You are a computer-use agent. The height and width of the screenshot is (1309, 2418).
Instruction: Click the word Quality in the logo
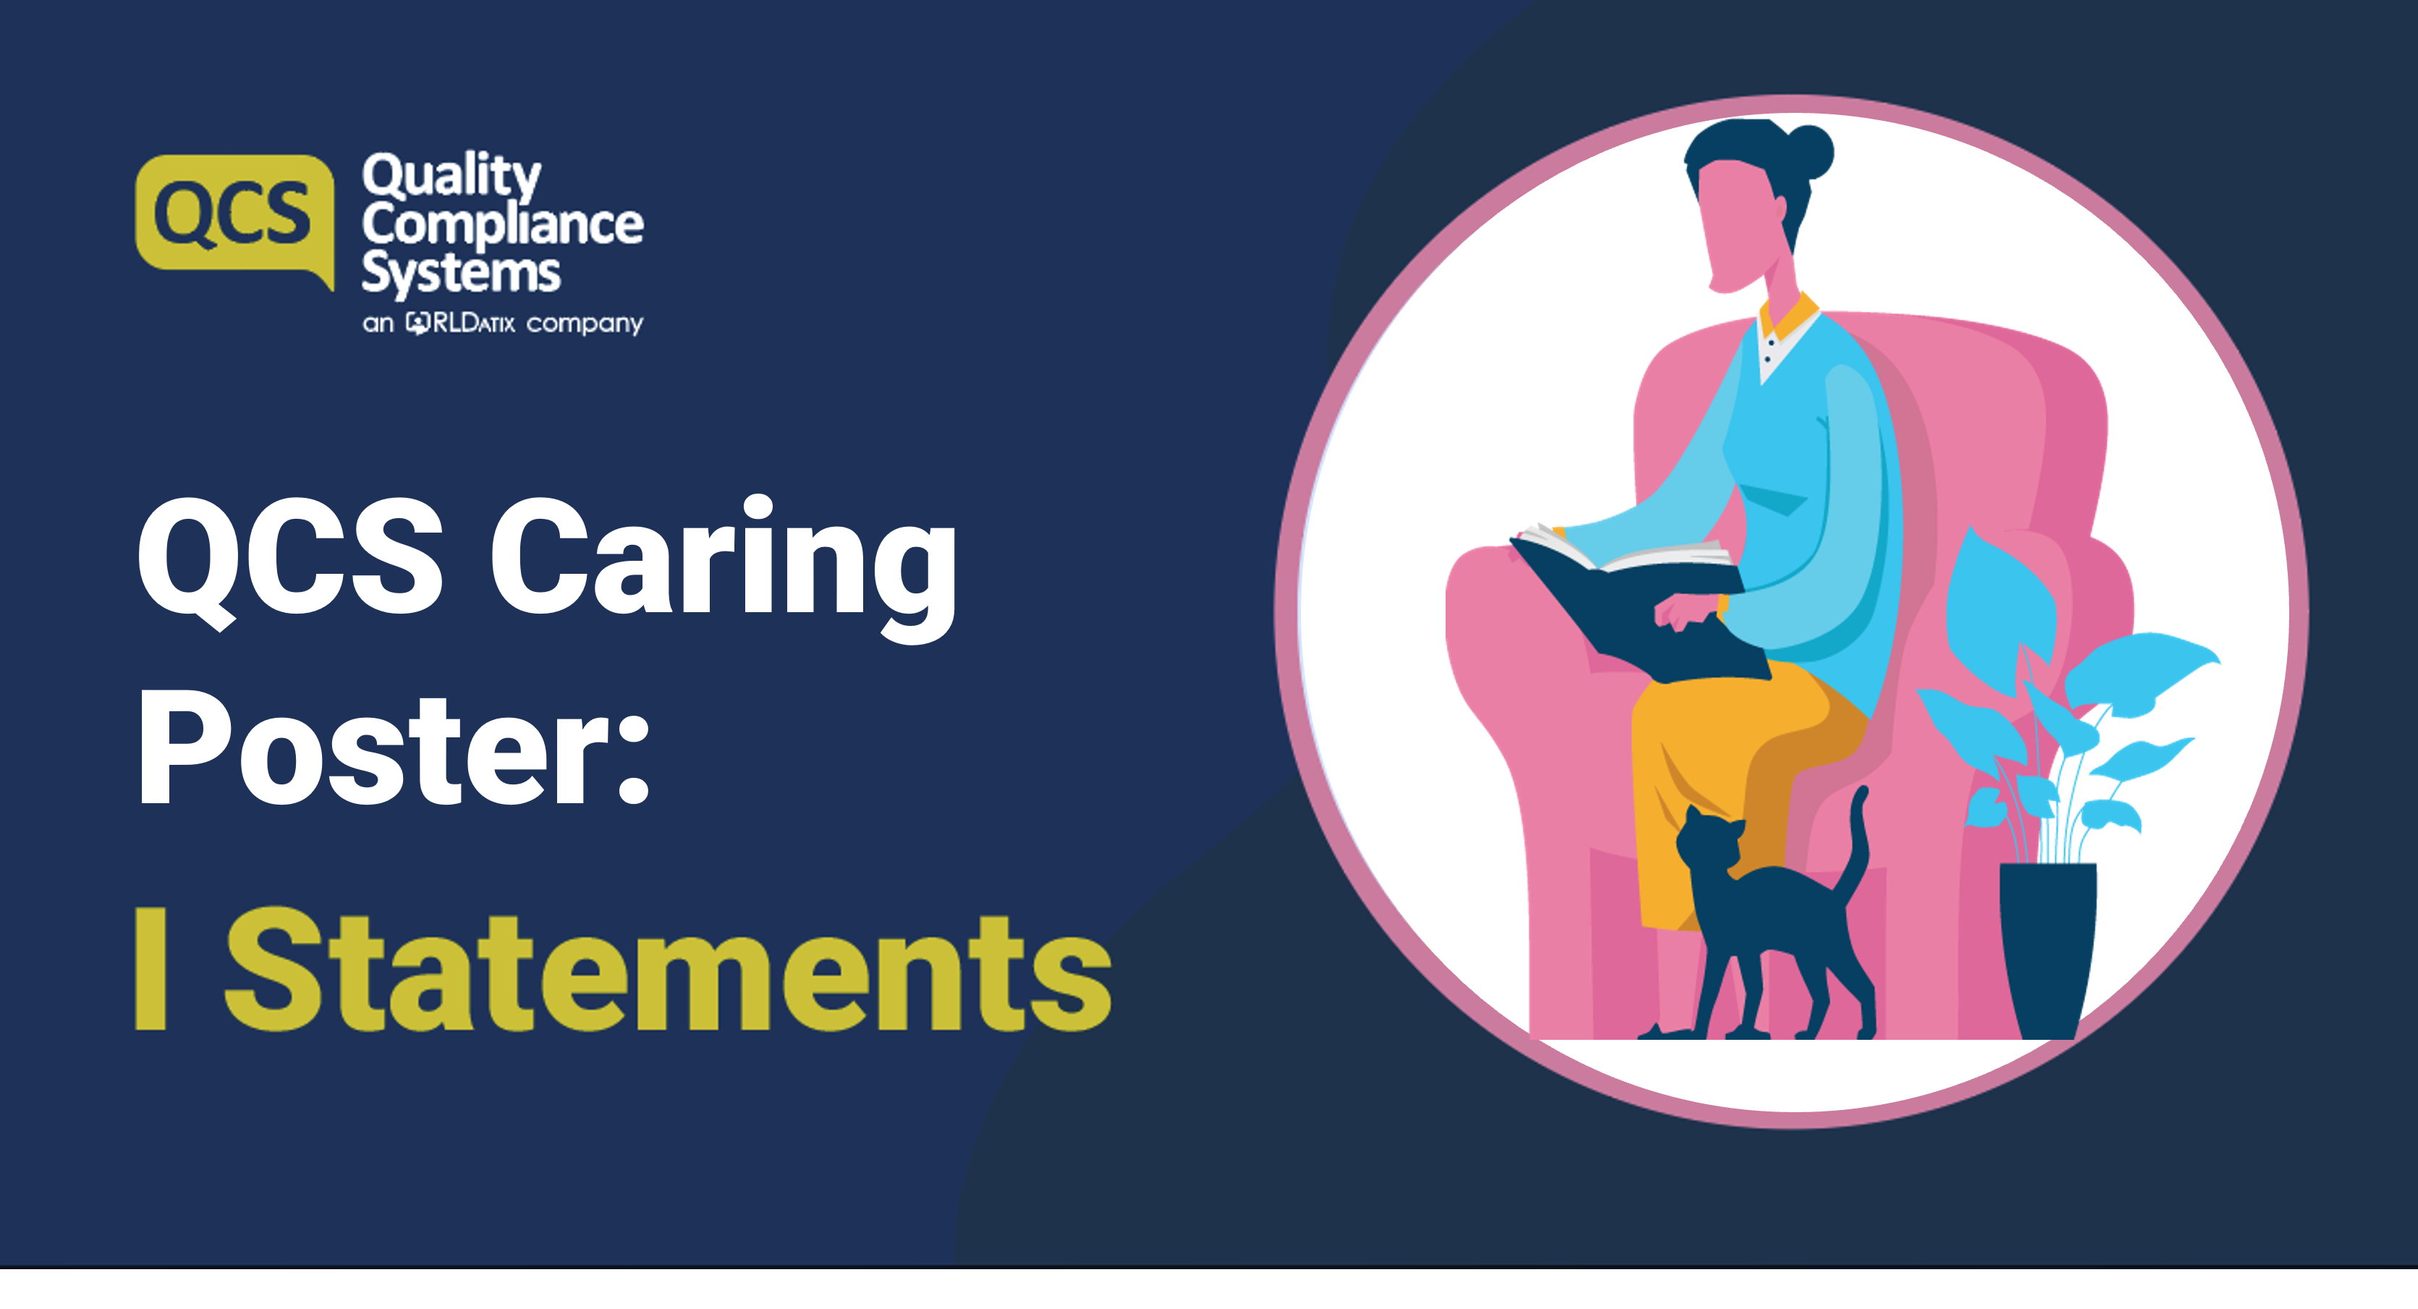click(x=451, y=176)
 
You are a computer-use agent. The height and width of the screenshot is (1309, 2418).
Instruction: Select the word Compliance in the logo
click(x=502, y=224)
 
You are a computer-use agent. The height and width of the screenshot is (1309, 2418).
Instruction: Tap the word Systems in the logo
click(x=461, y=274)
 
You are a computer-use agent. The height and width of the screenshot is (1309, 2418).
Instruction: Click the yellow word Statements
click(x=667, y=971)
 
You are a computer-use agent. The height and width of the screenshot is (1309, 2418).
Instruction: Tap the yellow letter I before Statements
click(x=151, y=969)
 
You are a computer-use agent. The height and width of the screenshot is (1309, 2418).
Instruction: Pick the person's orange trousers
click(x=1736, y=779)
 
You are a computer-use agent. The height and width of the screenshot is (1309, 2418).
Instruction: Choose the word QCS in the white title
click(x=290, y=561)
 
